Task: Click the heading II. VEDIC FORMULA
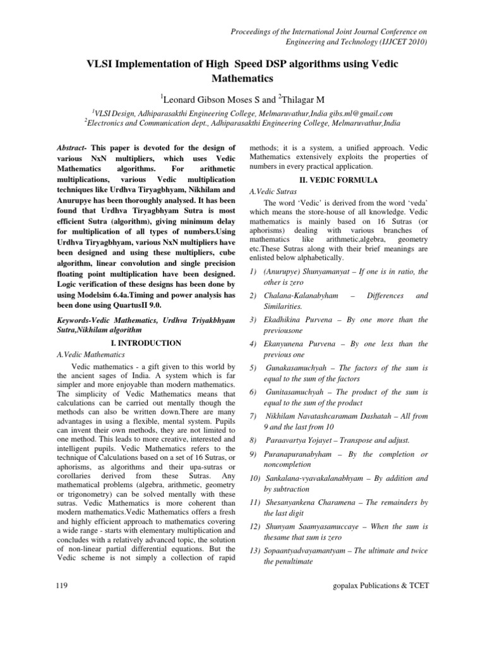tap(339, 181)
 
